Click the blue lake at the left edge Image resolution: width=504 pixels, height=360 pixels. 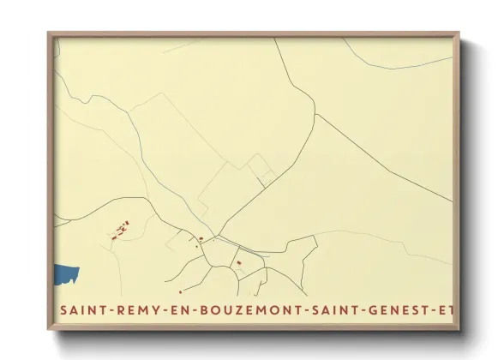point(65,275)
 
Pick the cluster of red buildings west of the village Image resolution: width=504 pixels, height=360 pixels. point(120,230)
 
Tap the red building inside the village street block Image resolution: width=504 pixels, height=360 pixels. point(239,261)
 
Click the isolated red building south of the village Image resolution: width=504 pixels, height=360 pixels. point(239,274)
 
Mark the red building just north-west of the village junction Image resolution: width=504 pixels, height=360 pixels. point(201,239)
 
